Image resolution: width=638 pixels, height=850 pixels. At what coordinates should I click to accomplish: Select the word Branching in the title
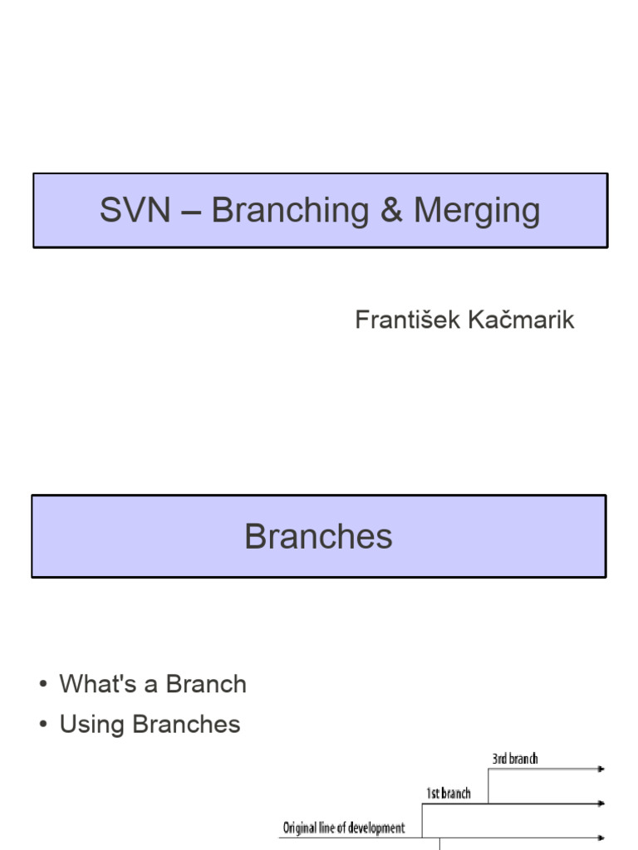coord(290,211)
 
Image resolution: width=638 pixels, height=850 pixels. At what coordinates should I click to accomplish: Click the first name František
coord(404,320)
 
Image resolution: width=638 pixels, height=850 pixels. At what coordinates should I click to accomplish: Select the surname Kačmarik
coord(521,320)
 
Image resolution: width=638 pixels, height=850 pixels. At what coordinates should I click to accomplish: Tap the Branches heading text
coord(318,537)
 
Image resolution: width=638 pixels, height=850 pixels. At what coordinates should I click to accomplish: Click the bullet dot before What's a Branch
coord(42,685)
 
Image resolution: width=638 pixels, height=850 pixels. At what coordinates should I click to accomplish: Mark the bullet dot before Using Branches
coord(42,725)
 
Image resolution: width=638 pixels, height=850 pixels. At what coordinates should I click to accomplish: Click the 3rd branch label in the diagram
coord(515,759)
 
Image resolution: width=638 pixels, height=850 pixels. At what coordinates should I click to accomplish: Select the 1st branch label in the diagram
coord(449,794)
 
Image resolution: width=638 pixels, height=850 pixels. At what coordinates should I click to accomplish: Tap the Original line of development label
coord(344,828)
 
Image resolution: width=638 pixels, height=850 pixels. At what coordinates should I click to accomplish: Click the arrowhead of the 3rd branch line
coord(601,769)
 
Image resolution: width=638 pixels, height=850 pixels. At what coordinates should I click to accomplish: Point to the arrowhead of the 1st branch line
coord(601,804)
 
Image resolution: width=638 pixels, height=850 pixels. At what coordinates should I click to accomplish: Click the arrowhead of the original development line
coord(601,838)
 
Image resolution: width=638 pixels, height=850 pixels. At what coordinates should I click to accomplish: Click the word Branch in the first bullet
coord(206,685)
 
